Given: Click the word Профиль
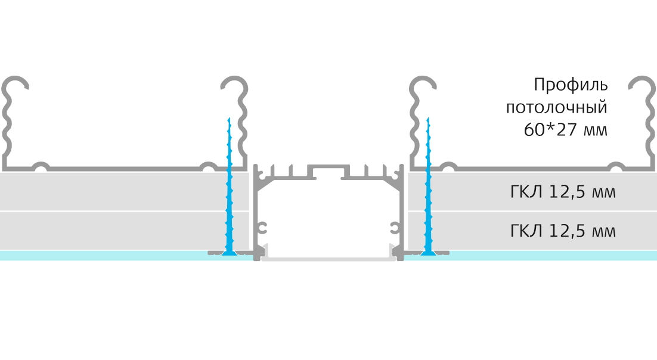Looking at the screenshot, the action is [x=571, y=85].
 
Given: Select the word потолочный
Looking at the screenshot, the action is [x=556, y=108].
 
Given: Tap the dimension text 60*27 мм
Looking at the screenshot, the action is [x=565, y=130].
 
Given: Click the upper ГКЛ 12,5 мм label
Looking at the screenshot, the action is [x=563, y=192].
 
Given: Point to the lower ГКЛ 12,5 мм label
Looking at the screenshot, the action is [x=563, y=231].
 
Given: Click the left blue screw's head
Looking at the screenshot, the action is [x=229, y=252].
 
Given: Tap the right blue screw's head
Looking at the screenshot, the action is [x=428, y=252].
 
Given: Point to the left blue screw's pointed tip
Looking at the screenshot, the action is [x=229, y=118].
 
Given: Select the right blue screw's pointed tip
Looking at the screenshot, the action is [x=428, y=118].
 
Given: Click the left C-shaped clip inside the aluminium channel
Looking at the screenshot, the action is [x=262, y=228].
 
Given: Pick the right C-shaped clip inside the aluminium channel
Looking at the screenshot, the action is [x=394, y=228].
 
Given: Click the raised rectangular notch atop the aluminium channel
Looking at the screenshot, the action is [x=328, y=171].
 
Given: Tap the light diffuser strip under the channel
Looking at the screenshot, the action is [x=328, y=257].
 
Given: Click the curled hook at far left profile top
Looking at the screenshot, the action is [x=15, y=81].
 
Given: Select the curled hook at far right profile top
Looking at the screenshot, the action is [x=642, y=81].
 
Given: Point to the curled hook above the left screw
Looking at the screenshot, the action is [x=234, y=81].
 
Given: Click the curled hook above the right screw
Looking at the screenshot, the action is [x=423, y=81].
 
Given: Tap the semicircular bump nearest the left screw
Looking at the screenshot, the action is [x=208, y=166].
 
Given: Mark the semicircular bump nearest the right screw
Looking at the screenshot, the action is [x=449, y=166].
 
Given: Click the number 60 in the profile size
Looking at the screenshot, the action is [x=534, y=130].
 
